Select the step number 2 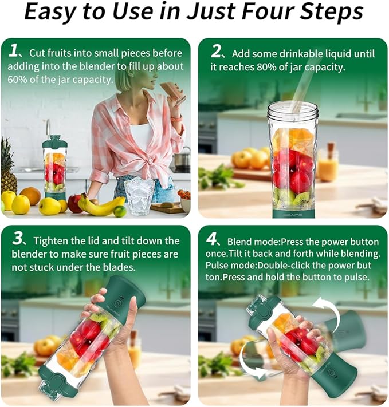pyautogui.click(x=217, y=52)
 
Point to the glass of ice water pyautogui.click(x=139, y=195)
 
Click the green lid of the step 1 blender pyautogui.click(x=54, y=142)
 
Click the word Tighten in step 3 pyautogui.click(x=54, y=242)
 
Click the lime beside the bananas pyautogui.click(x=120, y=211)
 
